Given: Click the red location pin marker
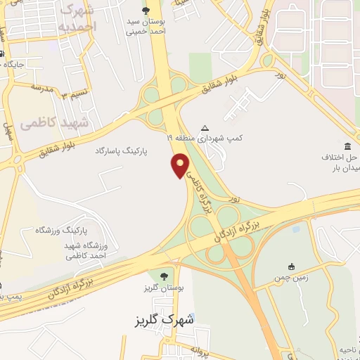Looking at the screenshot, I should coord(181,166).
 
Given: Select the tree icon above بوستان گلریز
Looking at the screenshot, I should coord(164,275).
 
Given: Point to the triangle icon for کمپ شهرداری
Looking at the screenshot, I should coord(205,128).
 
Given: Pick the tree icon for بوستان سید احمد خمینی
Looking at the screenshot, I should coord(146,10).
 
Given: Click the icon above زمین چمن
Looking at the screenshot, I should coord(291,266).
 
